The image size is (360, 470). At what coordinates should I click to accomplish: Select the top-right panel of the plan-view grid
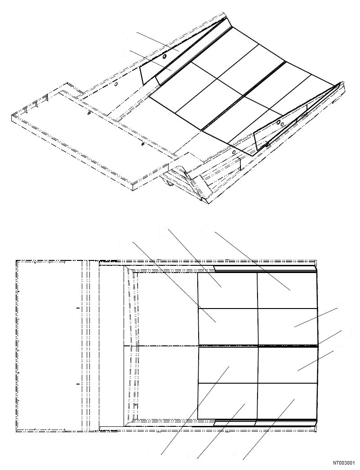coord(287,290)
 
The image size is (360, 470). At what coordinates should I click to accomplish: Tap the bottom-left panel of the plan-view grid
coord(227,400)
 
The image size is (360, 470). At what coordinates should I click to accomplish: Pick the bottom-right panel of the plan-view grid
coord(287,400)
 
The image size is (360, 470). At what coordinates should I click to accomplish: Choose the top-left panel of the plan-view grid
coord(227,290)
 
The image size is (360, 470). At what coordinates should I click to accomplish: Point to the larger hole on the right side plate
coord(278,122)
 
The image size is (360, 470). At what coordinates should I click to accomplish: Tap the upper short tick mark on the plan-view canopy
coord(78,309)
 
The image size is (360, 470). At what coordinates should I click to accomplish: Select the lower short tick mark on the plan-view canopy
coord(78,384)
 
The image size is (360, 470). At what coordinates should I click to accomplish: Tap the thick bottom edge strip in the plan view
coord(265,422)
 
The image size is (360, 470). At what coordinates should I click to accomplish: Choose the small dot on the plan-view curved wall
coord(136,404)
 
